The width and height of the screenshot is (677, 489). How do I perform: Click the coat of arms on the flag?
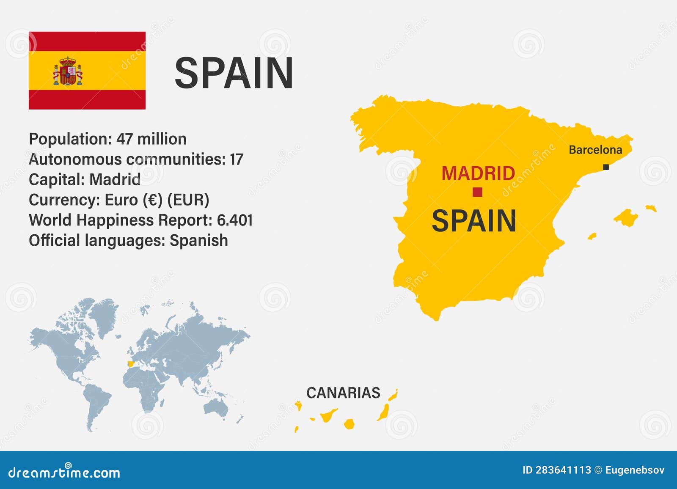[x=68, y=71]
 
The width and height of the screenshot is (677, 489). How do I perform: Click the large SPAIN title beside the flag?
[x=234, y=73]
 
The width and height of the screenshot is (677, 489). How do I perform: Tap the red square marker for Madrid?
[x=477, y=192]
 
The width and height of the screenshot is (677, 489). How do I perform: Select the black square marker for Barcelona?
[x=606, y=167]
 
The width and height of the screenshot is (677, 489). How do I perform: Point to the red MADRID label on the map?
[x=478, y=173]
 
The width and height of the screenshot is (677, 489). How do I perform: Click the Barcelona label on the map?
[x=595, y=150]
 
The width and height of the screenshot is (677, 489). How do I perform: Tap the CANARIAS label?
[x=343, y=393]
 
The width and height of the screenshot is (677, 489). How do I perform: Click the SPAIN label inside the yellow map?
[x=473, y=221]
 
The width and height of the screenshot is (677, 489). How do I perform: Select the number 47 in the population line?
[x=124, y=139]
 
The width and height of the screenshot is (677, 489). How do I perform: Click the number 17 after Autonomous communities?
[x=236, y=159]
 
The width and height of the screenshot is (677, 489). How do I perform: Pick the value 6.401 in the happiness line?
[x=235, y=220]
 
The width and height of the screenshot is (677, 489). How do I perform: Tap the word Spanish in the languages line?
[x=199, y=241]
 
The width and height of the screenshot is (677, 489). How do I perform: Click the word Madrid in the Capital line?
[x=115, y=180]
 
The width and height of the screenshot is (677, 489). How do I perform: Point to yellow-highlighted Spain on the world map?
[x=131, y=363]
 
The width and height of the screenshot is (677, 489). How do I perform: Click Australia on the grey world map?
[x=215, y=407]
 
